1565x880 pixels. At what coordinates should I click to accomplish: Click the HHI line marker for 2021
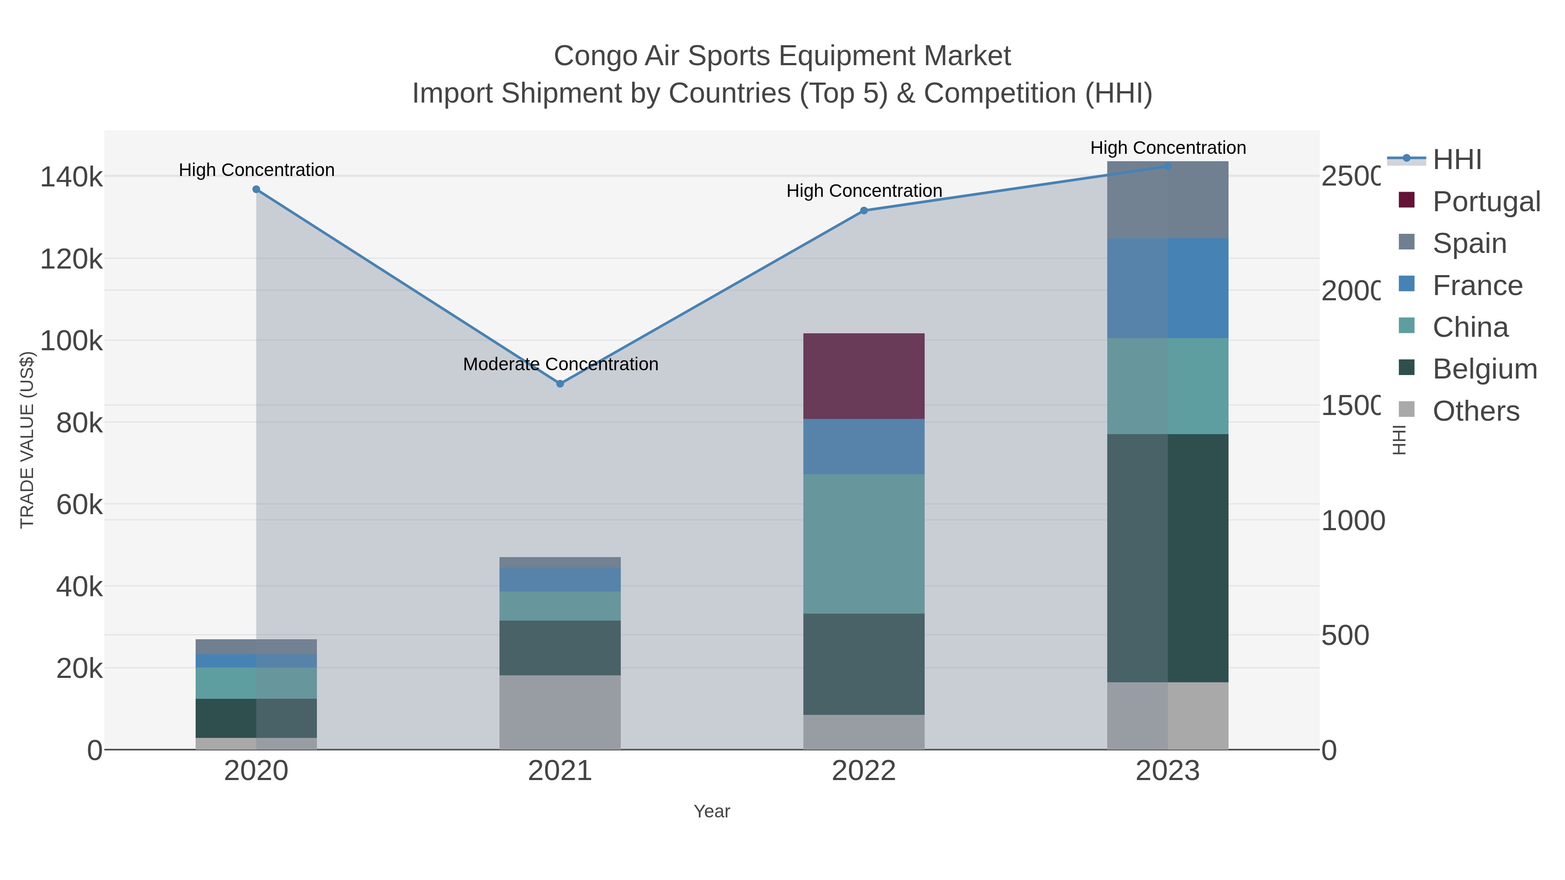click(x=560, y=384)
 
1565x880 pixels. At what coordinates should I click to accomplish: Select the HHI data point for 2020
click(x=256, y=189)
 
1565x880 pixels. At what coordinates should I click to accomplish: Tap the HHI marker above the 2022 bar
click(x=864, y=211)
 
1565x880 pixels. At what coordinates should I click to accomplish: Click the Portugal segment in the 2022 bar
click(x=864, y=376)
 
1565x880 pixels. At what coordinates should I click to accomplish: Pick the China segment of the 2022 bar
click(x=864, y=544)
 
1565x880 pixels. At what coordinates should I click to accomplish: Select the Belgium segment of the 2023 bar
click(x=1168, y=558)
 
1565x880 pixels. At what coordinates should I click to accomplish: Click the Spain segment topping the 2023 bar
click(x=1168, y=200)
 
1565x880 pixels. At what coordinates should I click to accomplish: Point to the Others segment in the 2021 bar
click(x=560, y=712)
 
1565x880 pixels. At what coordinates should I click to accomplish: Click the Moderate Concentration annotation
click(x=560, y=365)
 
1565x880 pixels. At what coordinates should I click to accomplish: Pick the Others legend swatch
click(x=1407, y=410)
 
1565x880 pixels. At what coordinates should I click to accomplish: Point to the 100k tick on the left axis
click(x=72, y=341)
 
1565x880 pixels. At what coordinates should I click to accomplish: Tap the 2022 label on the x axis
click(x=864, y=771)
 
